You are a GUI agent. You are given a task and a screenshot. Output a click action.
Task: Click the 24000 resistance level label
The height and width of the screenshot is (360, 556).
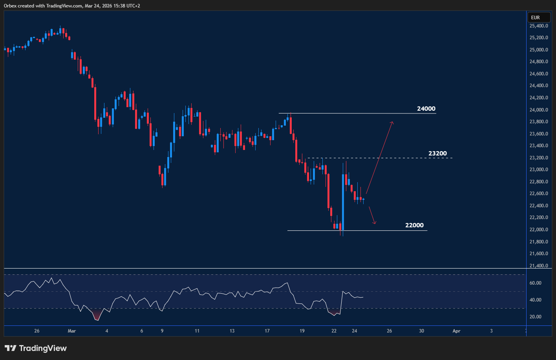[426, 109]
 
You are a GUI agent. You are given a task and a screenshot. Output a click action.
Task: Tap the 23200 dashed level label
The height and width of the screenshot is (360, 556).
[437, 154]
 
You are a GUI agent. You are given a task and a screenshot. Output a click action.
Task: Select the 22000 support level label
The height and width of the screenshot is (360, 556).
[414, 225]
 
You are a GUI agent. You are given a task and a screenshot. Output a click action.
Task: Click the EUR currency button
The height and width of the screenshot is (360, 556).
[539, 18]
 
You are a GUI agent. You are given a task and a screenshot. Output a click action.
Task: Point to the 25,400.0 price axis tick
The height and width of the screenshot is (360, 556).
[538, 26]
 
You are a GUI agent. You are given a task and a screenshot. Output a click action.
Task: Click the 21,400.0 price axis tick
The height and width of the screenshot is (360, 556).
[538, 266]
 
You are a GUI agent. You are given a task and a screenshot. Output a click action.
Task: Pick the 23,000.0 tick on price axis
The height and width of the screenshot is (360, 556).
[538, 170]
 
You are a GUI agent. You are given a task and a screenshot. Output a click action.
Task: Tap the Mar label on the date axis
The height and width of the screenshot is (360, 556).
[71, 331]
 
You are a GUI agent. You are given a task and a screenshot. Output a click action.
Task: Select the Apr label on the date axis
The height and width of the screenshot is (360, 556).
[456, 331]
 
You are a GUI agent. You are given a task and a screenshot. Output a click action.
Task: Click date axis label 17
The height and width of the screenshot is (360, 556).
[267, 331]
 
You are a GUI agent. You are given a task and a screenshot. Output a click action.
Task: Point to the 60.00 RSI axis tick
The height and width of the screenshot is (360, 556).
[536, 283]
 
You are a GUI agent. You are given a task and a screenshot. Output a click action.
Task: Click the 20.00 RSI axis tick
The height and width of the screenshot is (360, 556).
[536, 317]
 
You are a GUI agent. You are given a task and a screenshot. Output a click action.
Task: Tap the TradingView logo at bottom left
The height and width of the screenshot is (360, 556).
[36, 348]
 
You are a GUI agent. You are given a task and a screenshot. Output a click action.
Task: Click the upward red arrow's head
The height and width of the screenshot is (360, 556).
[392, 122]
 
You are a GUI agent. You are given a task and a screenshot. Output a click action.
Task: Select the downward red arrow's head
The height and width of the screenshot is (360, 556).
[375, 223]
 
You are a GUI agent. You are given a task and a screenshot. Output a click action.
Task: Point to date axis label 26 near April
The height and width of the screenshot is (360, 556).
[389, 331]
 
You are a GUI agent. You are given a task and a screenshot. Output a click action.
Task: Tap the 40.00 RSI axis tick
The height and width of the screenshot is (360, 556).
[536, 300]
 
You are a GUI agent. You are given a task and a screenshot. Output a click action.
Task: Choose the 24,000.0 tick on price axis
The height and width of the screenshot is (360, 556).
[538, 110]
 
